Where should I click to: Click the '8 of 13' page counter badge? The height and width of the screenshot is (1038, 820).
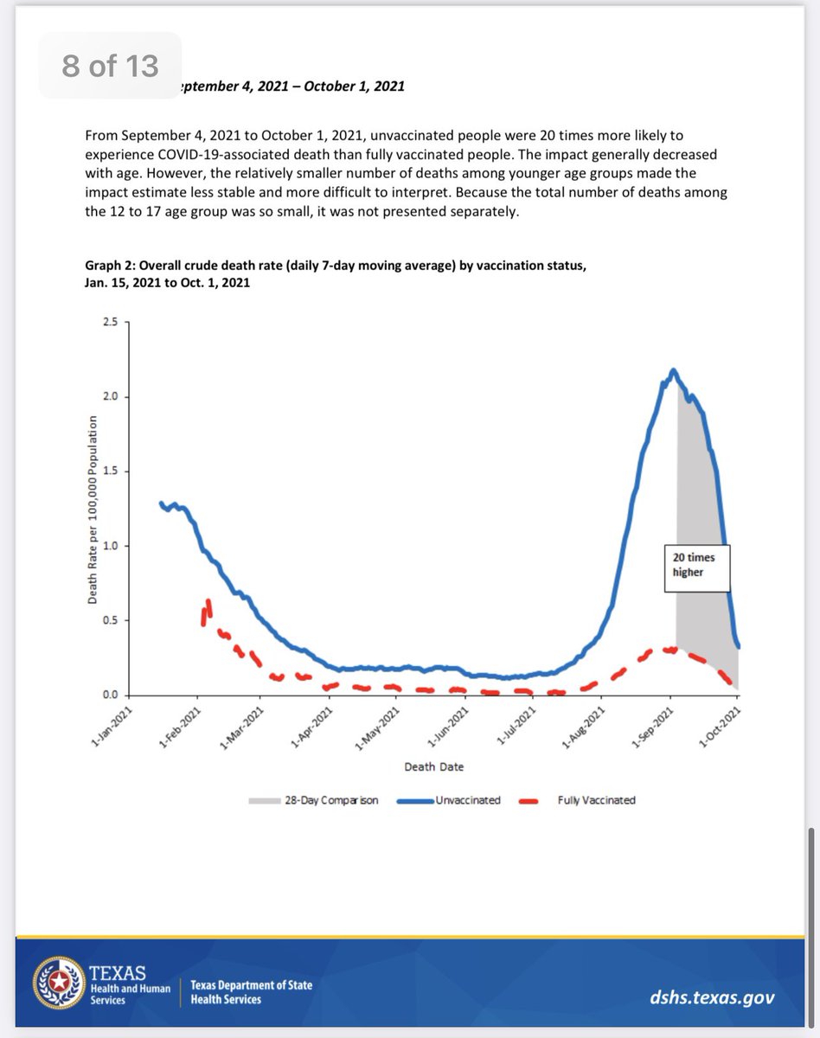109,65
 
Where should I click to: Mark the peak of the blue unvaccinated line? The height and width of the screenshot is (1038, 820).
673,371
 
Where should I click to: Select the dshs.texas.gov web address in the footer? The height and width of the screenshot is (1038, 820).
712,997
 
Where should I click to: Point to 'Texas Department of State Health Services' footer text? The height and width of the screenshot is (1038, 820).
252,992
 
